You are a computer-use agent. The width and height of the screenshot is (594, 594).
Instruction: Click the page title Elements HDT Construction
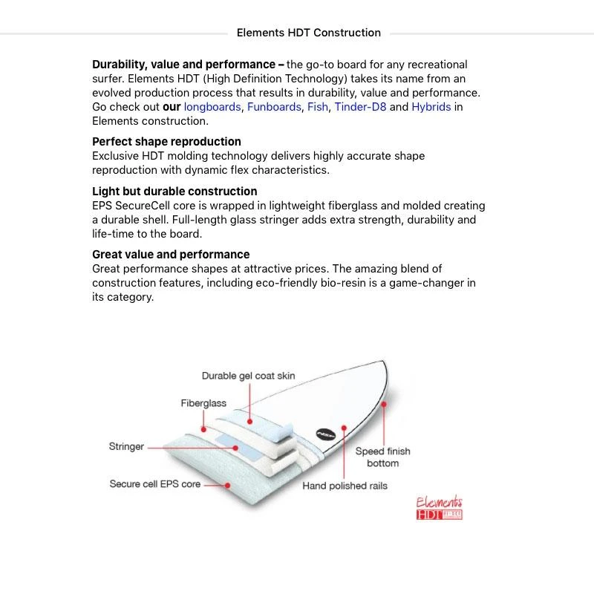[x=308, y=33]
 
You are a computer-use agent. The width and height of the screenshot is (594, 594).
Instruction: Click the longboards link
[x=212, y=107]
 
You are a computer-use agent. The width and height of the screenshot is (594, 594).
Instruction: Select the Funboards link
[x=274, y=107]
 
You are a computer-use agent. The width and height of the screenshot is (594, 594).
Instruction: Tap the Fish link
[x=318, y=107]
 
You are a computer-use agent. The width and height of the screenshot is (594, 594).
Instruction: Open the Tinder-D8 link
[x=360, y=107]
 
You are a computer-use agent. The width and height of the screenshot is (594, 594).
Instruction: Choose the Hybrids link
[x=431, y=107]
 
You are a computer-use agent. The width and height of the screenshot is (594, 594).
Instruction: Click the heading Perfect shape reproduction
[x=166, y=142]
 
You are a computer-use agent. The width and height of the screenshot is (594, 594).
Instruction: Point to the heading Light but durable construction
[x=174, y=192]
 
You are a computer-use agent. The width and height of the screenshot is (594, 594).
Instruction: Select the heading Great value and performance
[x=171, y=255]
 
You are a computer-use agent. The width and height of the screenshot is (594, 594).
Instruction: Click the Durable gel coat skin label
[x=248, y=376]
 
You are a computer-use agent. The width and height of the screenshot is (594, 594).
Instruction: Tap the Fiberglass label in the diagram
[x=203, y=403]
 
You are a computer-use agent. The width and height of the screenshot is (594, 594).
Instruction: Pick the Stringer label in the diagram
[x=126, y=447]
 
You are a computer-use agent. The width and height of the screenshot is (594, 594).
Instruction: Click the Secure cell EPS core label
[x=155, y=484]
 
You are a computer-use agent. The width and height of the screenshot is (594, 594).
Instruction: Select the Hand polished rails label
[x=345, y=486]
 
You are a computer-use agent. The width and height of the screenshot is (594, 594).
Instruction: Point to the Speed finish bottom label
[x=382, y=457]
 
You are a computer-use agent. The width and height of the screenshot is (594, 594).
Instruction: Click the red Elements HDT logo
[x=440, y=509]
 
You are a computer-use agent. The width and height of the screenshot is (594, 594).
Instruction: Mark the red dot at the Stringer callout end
[x=236, y=448]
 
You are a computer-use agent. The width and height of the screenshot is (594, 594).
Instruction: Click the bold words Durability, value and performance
[x=189, y=65]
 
